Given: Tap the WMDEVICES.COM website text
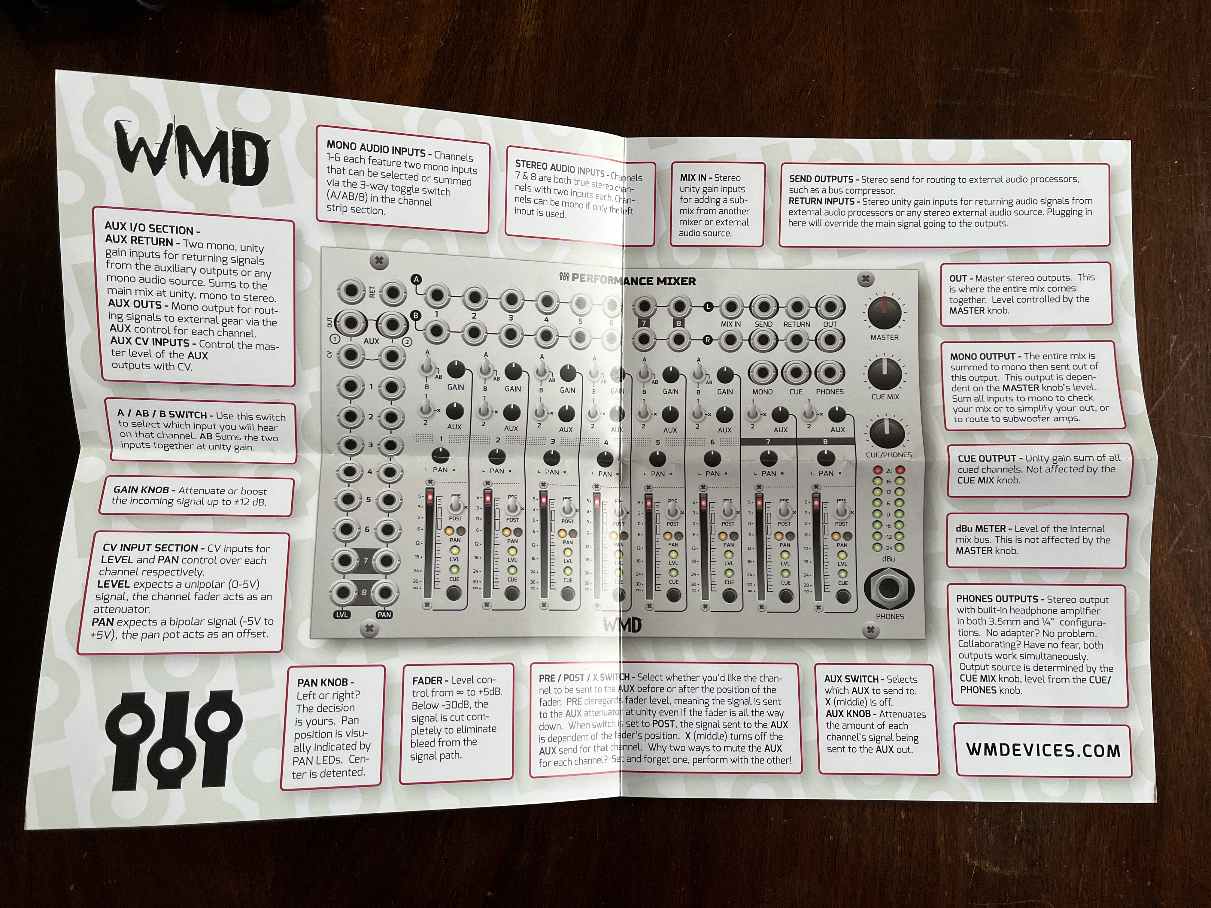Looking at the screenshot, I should click(x=1043, y=750).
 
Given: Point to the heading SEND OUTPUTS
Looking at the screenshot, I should click(x=821, y=179).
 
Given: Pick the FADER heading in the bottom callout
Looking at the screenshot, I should click(x=427, y=680).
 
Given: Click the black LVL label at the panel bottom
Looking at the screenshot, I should click(x=341, y=615).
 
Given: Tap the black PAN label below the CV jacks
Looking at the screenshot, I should click(x=384, y=615).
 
